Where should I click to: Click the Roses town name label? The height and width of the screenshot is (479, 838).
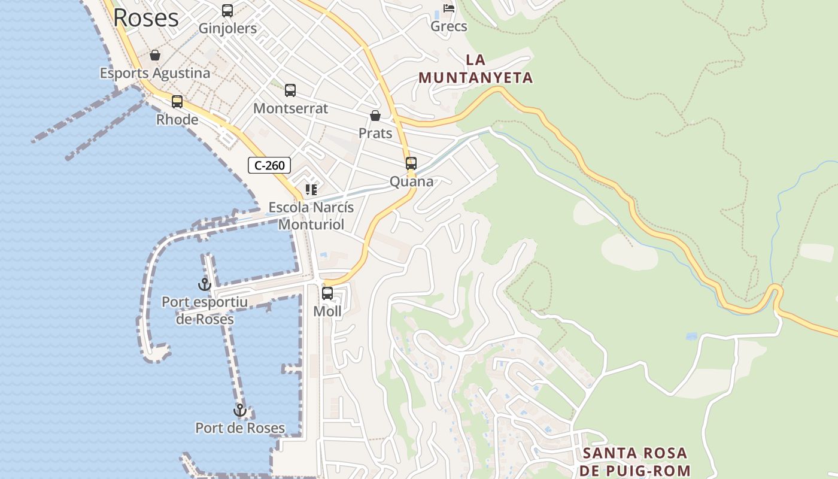point(145,18)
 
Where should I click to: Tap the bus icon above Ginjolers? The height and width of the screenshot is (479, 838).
point(227,11)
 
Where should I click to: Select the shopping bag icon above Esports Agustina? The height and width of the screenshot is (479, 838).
point(155,56)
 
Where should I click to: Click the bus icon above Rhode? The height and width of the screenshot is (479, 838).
point(177,102)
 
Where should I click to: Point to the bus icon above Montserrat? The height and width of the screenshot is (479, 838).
point(290,90)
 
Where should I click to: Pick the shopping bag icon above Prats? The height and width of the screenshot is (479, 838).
point(375,116)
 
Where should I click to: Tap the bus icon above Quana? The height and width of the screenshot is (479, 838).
point(411,163)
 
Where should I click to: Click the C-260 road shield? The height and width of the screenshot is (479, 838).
point(269,165)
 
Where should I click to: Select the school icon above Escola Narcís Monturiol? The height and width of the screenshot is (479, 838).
point(311,190)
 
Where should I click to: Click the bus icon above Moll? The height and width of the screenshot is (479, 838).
point(327,293)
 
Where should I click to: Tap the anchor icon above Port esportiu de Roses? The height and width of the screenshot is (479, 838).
point(205,284)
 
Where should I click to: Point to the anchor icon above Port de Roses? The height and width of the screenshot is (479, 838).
point(240,410)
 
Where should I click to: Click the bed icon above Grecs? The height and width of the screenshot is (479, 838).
point(449,8)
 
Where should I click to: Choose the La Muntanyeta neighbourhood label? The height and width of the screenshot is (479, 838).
point(475,69)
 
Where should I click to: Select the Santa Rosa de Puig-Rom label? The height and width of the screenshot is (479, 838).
point(635,462)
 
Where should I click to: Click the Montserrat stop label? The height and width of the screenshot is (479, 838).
point(291,108)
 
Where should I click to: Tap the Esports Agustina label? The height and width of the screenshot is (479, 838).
point(155,73)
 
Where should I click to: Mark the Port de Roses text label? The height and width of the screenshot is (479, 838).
point(240,428)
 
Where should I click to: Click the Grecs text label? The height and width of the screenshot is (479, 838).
point(449,26)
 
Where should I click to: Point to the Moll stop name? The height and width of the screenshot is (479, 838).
point(327,311)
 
